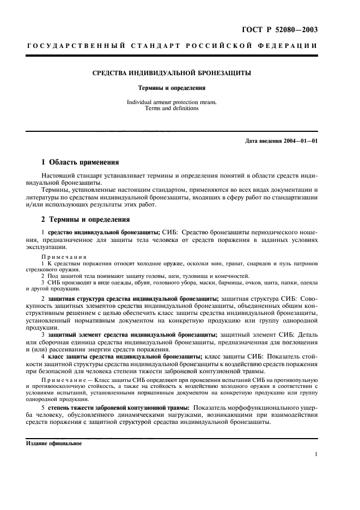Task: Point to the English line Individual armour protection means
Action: click(x=172, y=102)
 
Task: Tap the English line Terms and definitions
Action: click(x=172, y=108)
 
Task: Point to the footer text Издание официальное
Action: click(x=54, y=444)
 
